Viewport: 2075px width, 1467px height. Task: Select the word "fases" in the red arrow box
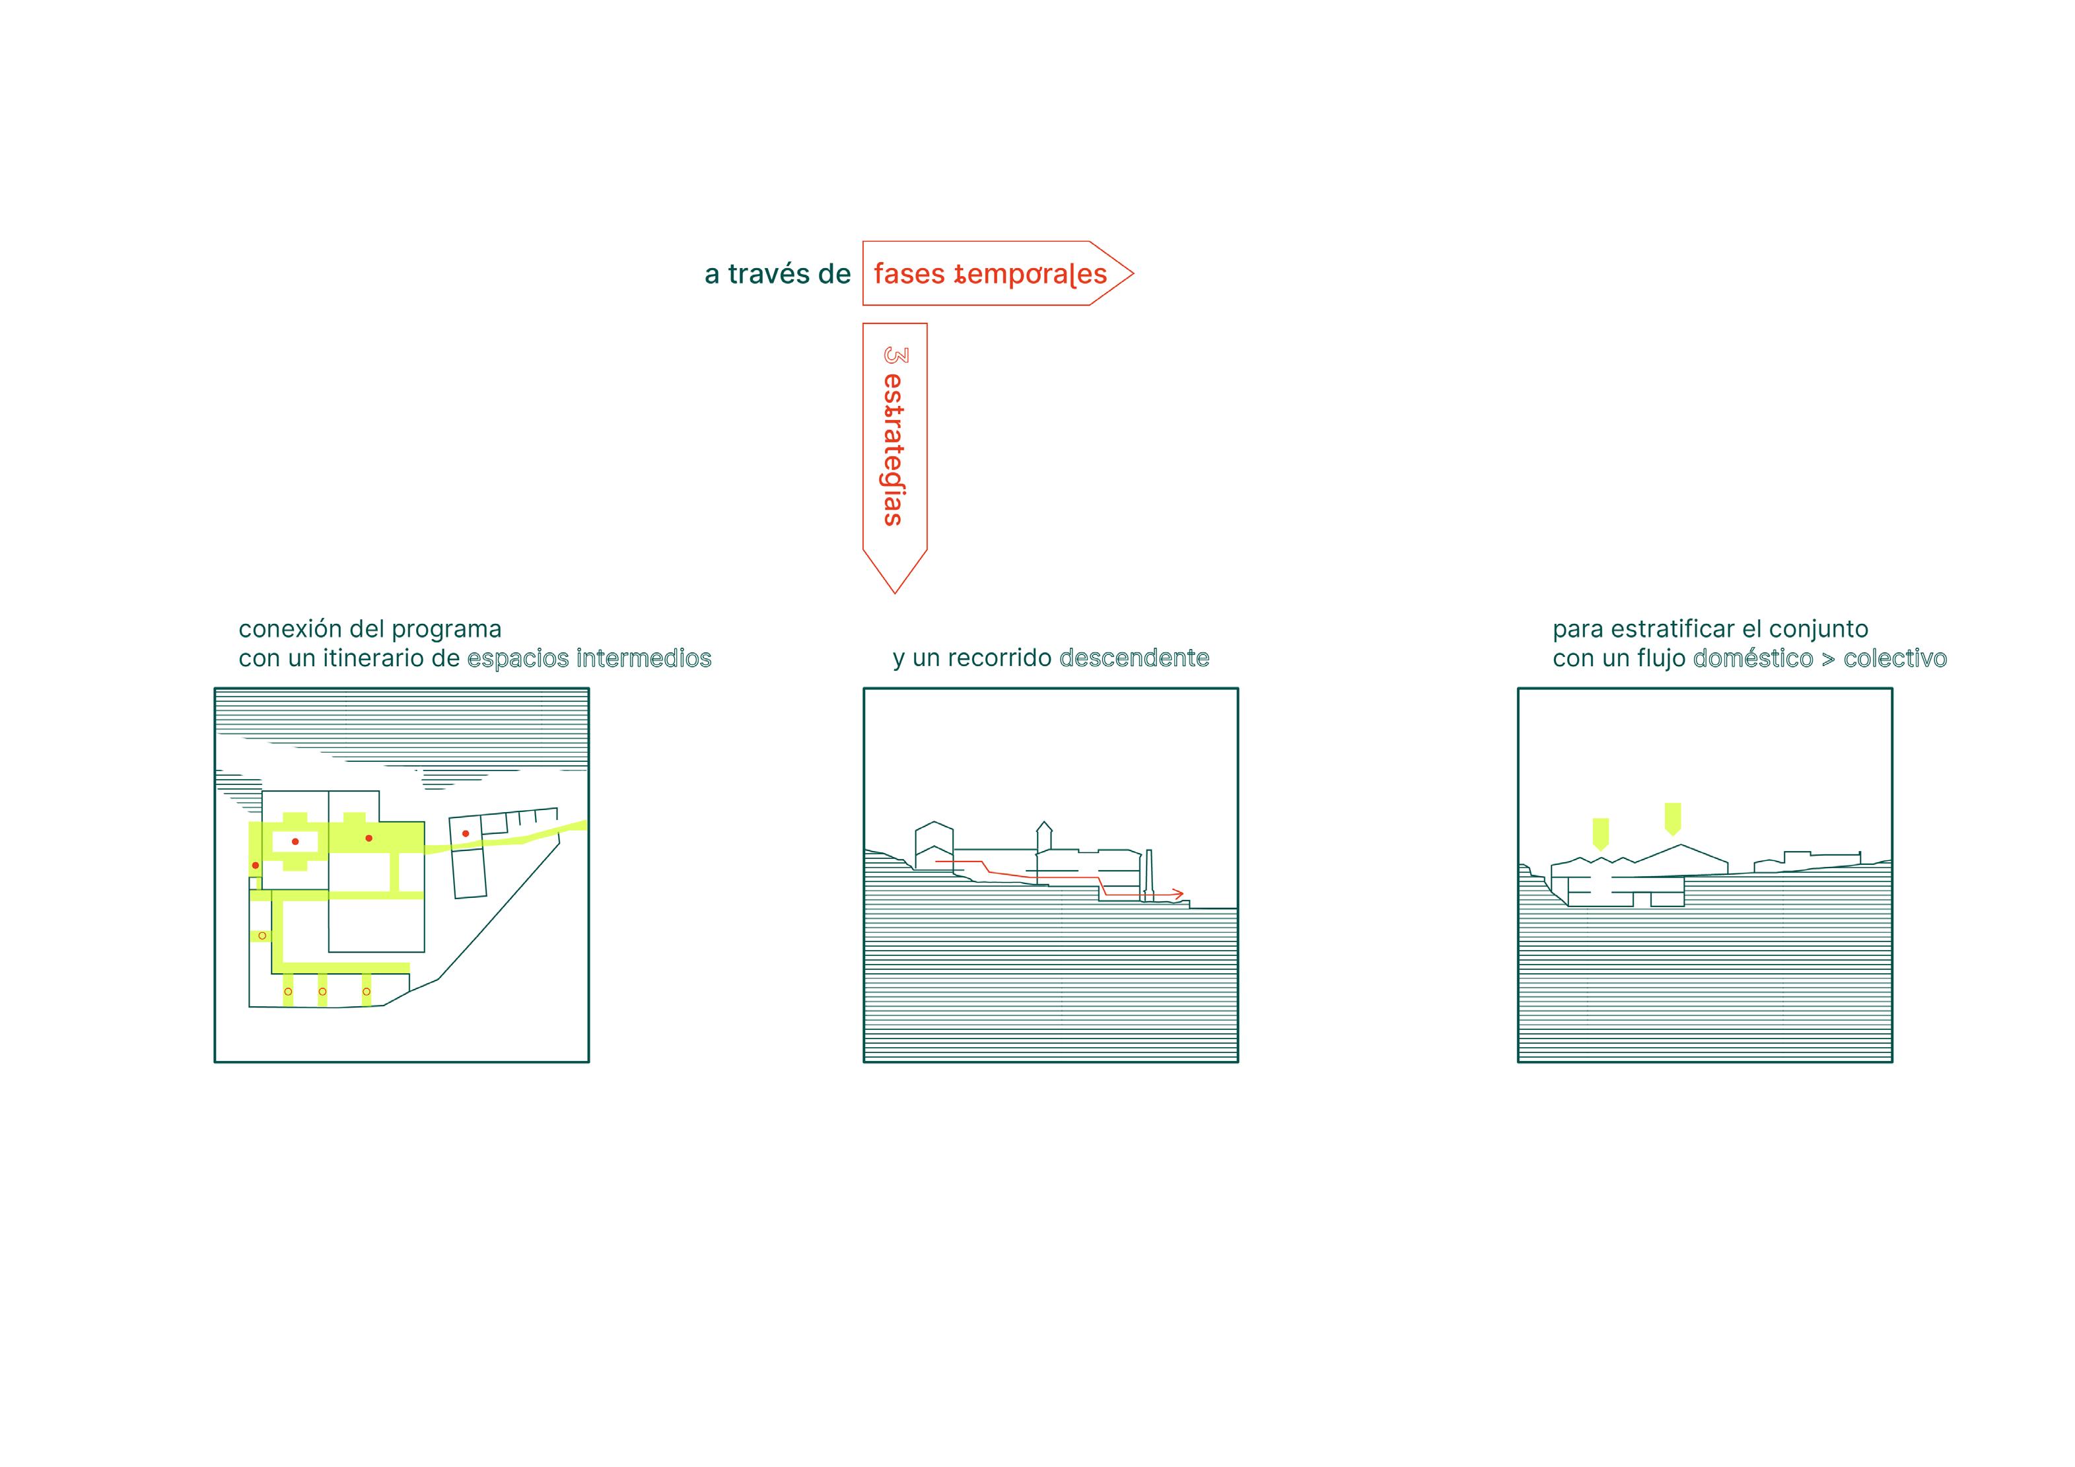908,274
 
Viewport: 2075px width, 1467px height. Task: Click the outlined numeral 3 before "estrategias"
895,355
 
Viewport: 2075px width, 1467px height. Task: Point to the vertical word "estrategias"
894,449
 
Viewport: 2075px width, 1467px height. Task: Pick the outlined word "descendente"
1134,658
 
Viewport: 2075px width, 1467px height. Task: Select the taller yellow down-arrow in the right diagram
1673,817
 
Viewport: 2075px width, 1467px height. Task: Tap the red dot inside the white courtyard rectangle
295,842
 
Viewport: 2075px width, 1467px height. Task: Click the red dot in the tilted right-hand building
466,833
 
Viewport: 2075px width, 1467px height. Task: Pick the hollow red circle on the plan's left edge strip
262,936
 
